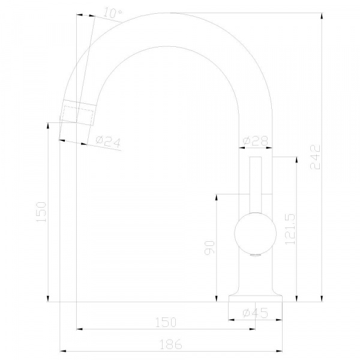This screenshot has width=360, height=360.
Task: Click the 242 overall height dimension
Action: tap(315, 157)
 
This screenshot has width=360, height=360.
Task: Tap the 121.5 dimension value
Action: tap(290, 229)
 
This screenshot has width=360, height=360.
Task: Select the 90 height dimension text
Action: tap(209, 247)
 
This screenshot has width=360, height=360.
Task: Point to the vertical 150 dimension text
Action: tap(41, 212)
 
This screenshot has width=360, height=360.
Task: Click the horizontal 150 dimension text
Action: tap(166, 322)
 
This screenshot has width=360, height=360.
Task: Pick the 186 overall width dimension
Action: tap(171, 344)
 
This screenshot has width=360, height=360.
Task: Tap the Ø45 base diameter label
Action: tap(256, 313)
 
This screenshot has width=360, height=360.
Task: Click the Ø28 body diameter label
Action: tap(256, 141)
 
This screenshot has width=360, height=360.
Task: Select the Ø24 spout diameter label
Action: tap(108, 142)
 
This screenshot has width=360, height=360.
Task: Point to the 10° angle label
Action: tap(113, 13)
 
